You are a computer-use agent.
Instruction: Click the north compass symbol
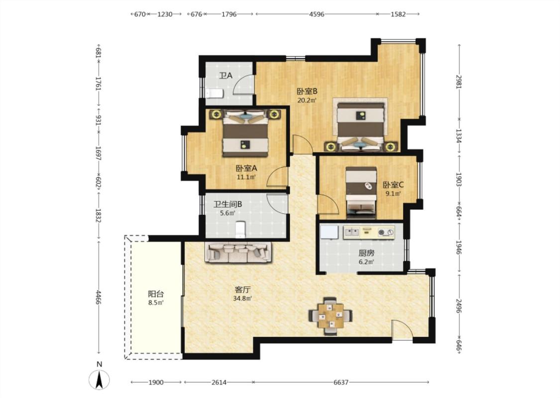100,379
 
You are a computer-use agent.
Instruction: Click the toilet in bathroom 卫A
215,93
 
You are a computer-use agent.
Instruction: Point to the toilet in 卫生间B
241,229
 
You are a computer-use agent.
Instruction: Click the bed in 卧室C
361,193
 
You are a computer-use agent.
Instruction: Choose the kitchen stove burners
386,232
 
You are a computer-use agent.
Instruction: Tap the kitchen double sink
351,232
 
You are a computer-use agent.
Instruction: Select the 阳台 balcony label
156,294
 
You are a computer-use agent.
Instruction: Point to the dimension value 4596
317,14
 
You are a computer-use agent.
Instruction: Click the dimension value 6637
340,382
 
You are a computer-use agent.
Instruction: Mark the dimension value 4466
99,298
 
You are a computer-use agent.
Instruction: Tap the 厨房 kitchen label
366,253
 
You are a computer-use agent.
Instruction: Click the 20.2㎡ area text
307,100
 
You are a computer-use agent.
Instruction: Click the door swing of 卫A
244,84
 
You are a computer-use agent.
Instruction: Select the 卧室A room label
246,168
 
